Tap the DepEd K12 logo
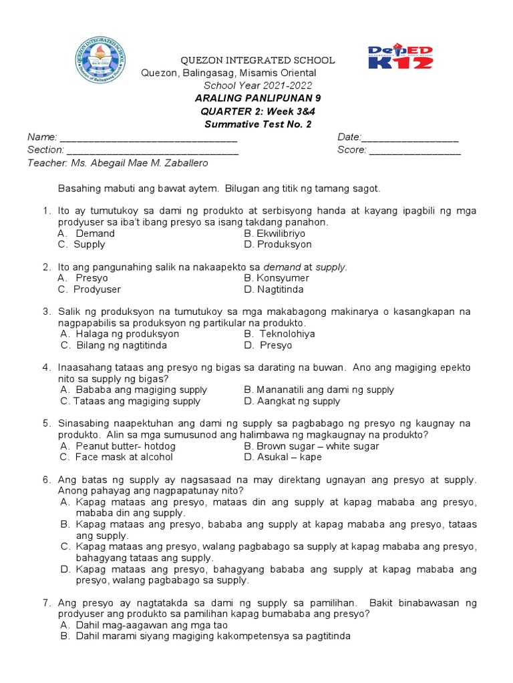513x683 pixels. point(401,57)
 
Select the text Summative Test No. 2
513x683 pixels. point(248,124)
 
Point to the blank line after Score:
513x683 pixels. point(415,150)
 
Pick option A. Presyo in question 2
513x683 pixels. point(83,278)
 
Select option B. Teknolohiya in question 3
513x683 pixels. point(279,333)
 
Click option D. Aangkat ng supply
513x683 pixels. point(292,402)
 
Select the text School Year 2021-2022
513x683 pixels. point(257,85)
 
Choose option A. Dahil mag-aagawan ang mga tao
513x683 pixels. point(144,625)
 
